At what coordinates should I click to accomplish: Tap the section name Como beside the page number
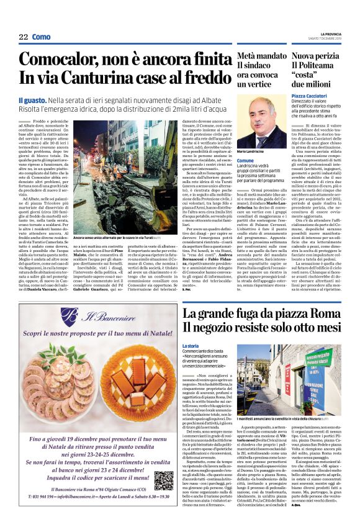[42, 37]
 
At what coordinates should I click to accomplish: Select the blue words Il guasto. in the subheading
[32, 100]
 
